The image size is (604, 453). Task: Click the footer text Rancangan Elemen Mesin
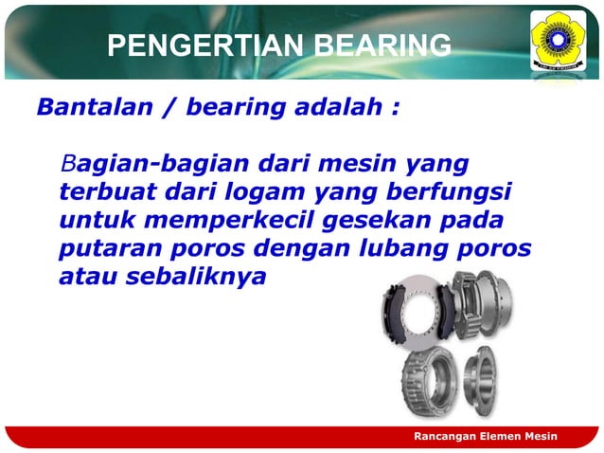coord(486,435)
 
